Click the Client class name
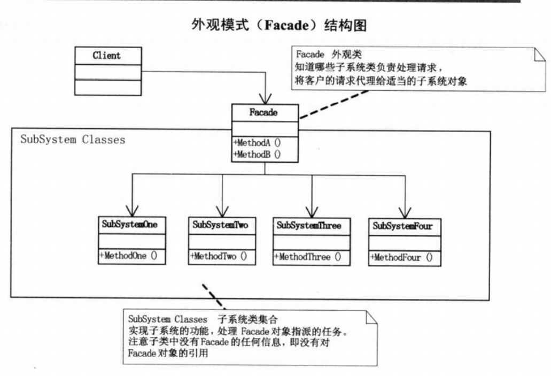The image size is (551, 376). [x=106, y=56]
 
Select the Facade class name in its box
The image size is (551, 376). [x=263, y=113]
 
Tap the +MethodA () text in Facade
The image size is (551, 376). [x=257, y=143]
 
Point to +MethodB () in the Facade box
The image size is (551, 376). [x=257, y=154]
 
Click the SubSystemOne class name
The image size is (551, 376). [x=130, y=225]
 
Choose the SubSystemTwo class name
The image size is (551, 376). [x=221, y=225]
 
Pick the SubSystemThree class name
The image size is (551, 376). [x=309, y=225]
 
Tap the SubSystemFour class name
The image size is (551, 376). [x=402, y=226]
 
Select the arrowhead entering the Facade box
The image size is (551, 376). [x=265, y=99]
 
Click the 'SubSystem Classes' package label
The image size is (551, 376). [x=73, y=140]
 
